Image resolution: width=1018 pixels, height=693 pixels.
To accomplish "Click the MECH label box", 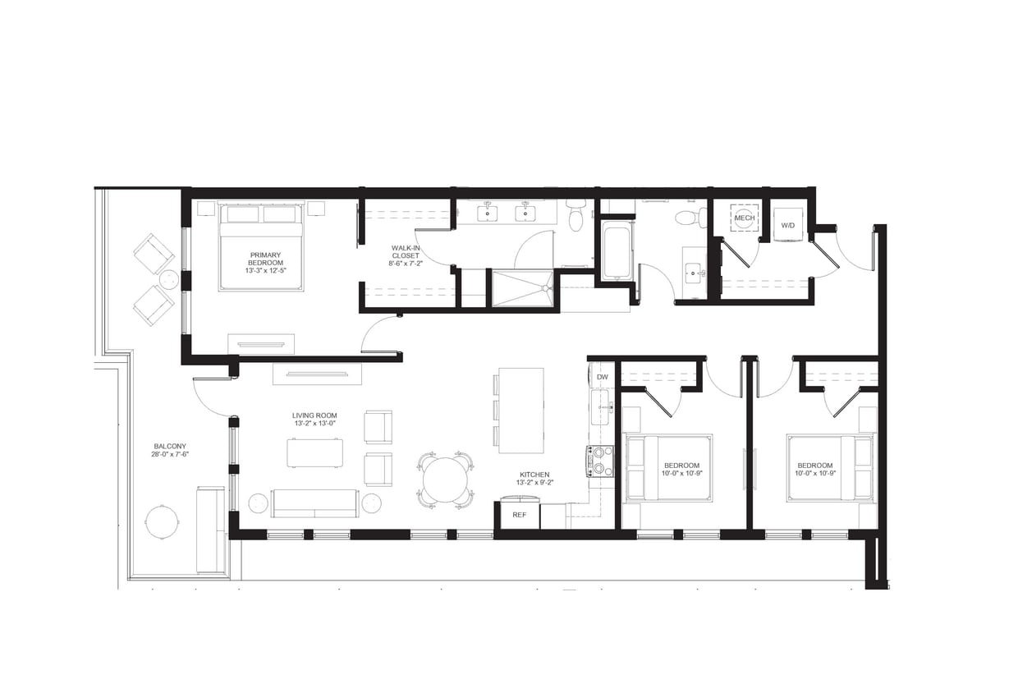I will point(745,218).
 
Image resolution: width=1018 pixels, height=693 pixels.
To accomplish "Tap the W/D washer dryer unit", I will point(788,224).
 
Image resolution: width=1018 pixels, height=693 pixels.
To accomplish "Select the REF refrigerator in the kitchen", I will point(519,515).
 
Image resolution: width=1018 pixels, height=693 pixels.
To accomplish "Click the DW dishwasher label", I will point(602,377).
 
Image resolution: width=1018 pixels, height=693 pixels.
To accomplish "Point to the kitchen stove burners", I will point(600,461).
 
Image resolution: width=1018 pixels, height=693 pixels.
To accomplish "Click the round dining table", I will point(445,480).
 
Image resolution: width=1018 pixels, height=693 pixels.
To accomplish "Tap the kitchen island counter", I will point(520,410).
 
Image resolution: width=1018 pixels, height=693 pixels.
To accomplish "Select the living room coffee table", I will point(314,452).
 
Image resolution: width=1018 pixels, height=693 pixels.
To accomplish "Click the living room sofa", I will point(314,503).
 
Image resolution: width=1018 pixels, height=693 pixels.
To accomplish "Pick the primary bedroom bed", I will point(261,246).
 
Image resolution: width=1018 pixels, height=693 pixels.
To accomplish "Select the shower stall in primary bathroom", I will point(522,288).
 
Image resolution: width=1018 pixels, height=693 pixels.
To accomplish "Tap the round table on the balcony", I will point(162,521).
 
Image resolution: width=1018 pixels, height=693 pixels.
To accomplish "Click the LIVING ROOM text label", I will point(314,420).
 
